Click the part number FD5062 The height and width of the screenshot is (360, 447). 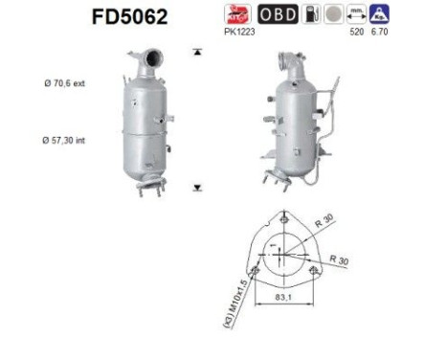tap(129, 17)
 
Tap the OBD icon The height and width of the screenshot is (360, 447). tap(278, 14)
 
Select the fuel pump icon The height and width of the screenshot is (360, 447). tap(311, 14)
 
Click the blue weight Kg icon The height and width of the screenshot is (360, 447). tap(379, 14)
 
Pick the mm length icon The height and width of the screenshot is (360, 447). tap(356, 14)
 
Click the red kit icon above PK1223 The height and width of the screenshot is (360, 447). tap(237, 14)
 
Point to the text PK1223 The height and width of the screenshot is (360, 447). tap(239, 32)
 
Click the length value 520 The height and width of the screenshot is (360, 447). tap(357, 32)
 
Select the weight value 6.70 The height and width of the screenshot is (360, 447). tap(379, 32)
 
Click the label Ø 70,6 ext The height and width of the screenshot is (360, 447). tap(65, 83)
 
